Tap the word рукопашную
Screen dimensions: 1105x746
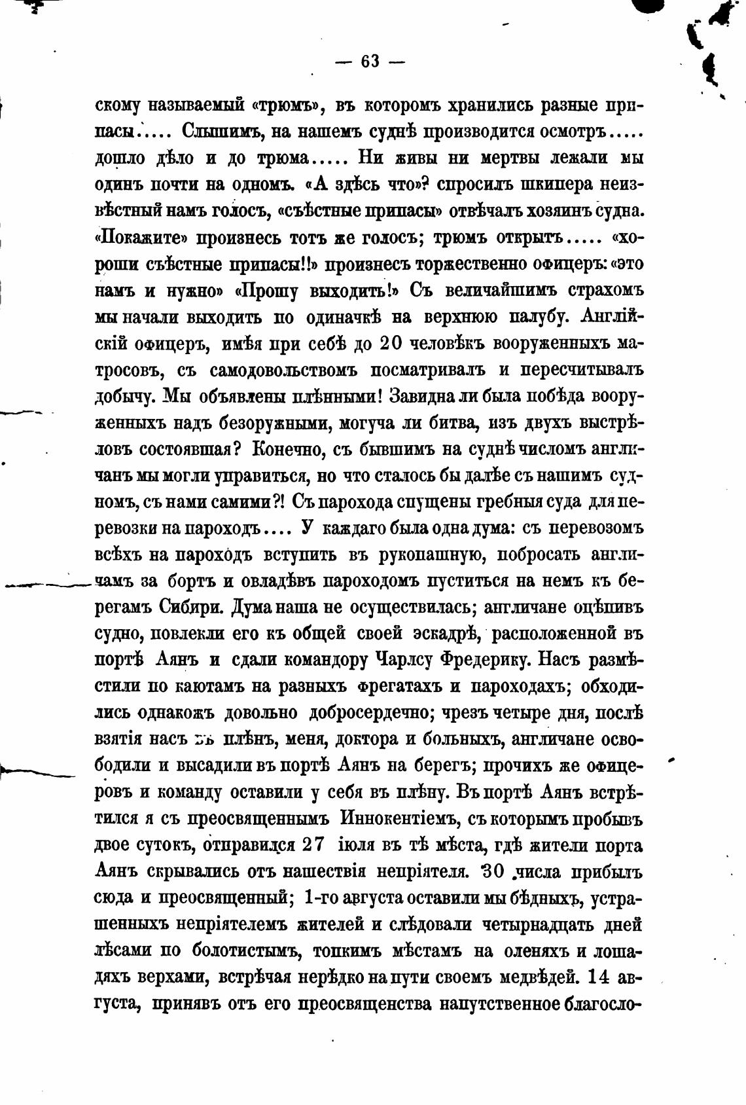(431, 554)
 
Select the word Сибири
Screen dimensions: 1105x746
(191, 607)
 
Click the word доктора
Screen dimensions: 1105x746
(365, 739)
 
